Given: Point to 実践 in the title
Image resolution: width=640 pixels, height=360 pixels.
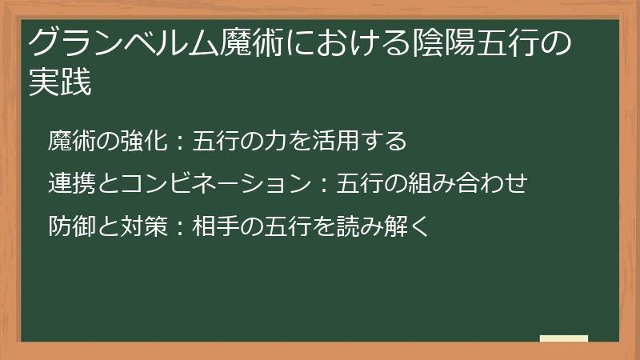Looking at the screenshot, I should point(60,82).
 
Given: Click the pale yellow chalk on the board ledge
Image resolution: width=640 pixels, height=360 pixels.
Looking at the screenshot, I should point(563,338).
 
